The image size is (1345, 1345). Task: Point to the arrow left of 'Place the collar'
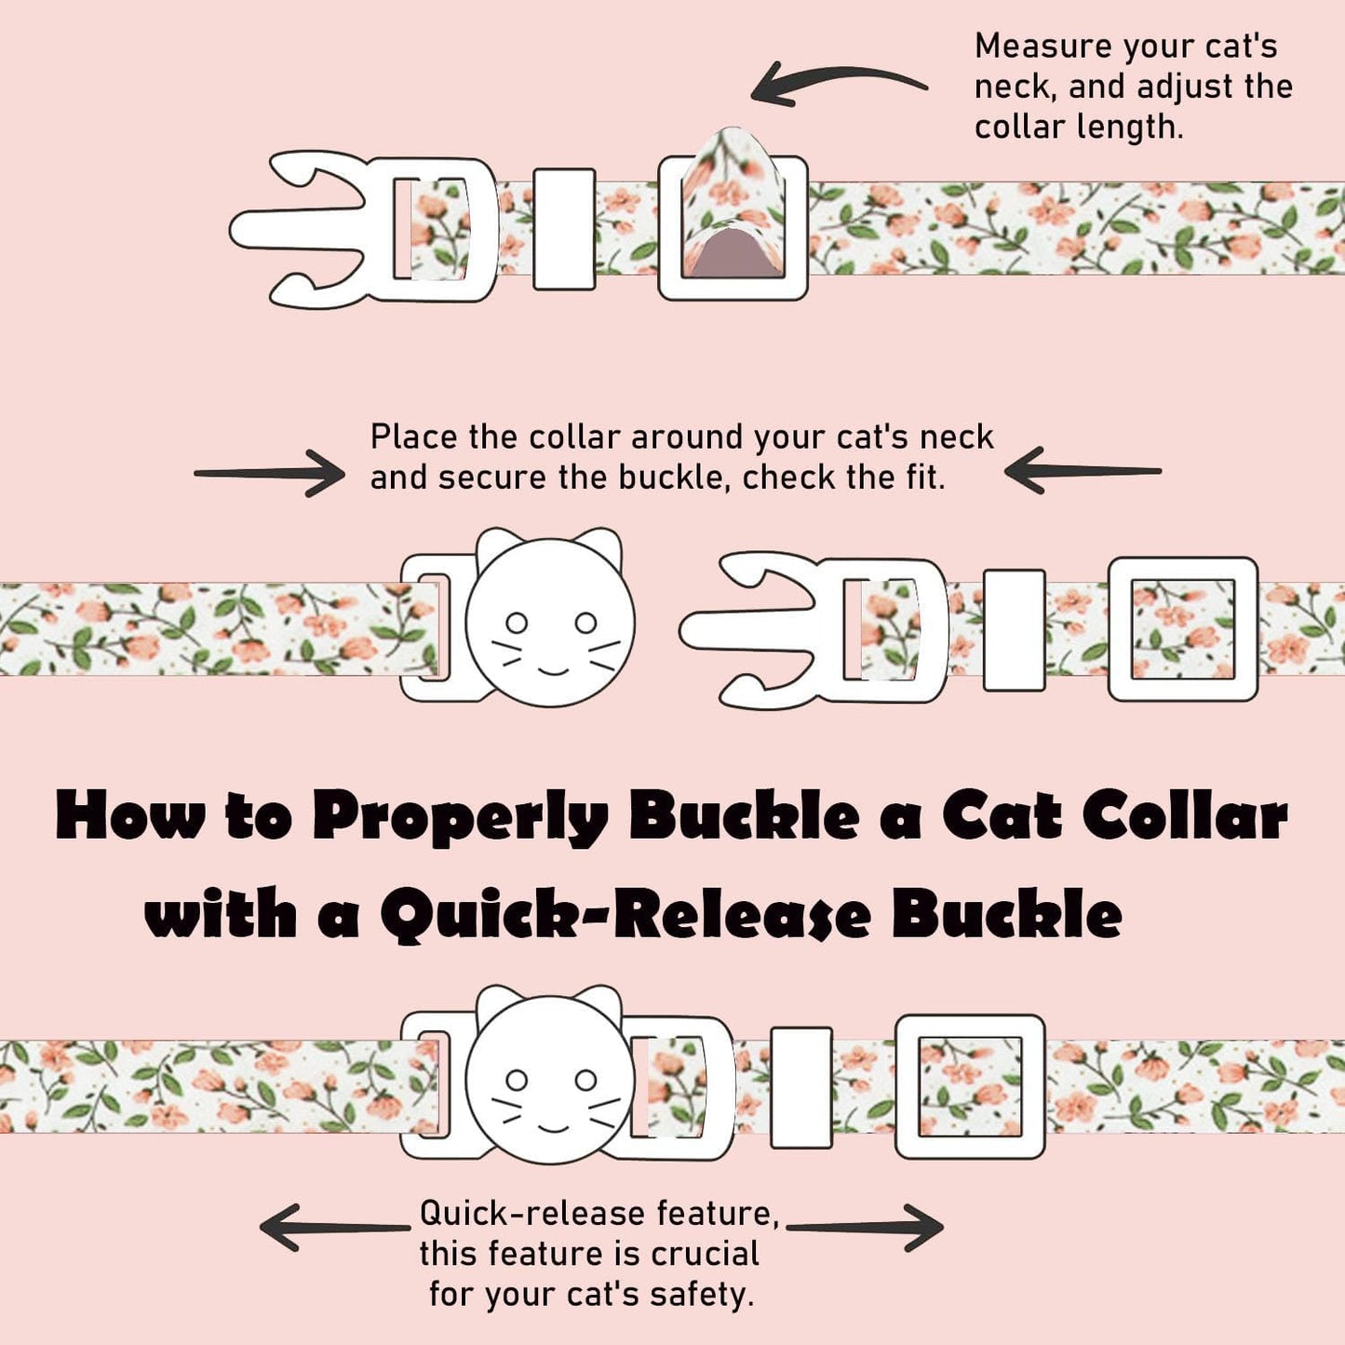270,473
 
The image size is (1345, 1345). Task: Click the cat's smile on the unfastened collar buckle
551,670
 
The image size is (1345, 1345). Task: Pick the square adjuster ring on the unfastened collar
1183,628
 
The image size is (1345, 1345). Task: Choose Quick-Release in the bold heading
625,915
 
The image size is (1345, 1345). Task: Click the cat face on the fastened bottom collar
550,1080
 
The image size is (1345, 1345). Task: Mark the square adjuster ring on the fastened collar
970,1086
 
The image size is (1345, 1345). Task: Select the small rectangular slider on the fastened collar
801,1087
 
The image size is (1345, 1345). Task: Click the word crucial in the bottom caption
705,1254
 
